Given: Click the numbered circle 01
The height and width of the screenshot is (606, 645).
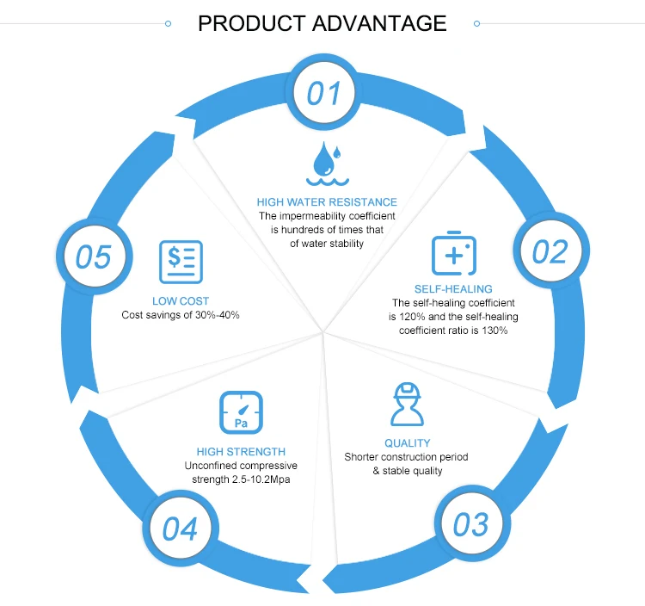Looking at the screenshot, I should click(323, 93).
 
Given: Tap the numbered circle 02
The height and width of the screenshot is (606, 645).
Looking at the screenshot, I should click(550, 251).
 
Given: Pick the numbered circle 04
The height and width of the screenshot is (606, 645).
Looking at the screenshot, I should click(180, 529).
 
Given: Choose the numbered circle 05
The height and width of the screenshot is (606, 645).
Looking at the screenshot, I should click(94, 257).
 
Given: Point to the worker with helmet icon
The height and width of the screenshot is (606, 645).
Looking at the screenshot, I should click(408, 405).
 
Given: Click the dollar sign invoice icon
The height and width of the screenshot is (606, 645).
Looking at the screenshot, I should click(181, 262).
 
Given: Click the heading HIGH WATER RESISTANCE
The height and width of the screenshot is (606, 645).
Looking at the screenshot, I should click(327, 202).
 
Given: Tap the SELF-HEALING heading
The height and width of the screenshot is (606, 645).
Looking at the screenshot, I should click(453, 289).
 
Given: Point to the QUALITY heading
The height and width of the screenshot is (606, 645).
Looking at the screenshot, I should click(407, 443).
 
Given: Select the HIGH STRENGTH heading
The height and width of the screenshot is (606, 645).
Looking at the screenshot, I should click(241, 451).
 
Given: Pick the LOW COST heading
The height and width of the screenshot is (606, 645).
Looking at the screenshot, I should click(181, 301).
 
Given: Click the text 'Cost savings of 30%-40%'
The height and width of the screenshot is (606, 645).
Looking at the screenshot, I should click(181, 315).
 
